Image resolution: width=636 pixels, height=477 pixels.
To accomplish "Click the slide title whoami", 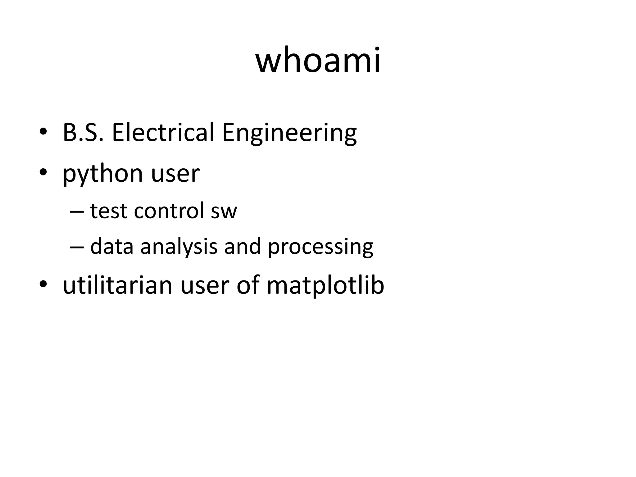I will point(318,60).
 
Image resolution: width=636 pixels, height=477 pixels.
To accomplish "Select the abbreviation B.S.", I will point(83,133).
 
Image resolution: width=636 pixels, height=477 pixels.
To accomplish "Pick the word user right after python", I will point(175,174).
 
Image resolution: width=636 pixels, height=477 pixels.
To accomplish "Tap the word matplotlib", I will point(325,286).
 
